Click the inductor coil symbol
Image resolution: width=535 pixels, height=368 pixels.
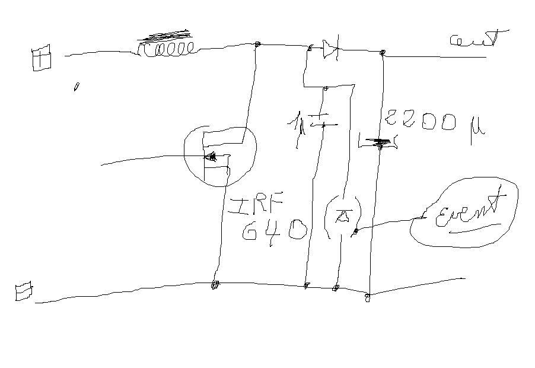point(165,49)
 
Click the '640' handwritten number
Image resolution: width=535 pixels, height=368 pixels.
point(274,230)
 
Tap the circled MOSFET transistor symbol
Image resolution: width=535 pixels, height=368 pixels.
point(219,156)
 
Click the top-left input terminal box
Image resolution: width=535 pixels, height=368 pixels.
point(41,60)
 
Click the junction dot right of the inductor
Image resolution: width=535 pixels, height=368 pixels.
point(257,45)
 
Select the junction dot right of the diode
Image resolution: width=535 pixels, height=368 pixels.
point(383,53)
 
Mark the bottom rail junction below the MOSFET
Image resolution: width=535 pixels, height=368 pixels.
point(215,285)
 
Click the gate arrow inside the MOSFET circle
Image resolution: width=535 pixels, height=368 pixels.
point(211,157)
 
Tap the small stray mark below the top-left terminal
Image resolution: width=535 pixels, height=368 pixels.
point(77,87)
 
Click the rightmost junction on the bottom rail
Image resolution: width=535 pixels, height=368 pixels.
point(367,297)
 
